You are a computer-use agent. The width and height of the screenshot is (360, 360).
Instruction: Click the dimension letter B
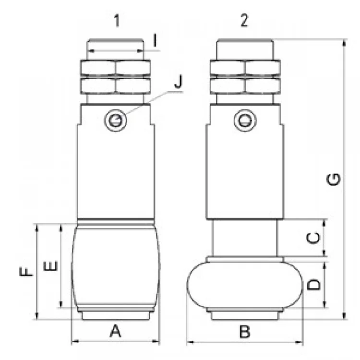click(244, 331)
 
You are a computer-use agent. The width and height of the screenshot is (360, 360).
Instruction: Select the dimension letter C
click(312, 237)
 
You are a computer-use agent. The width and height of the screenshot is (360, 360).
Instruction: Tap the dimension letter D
click(313, 285)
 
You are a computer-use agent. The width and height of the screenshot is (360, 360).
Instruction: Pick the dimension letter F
click(27, 272)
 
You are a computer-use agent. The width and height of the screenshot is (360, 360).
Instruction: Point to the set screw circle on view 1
click(115, 121)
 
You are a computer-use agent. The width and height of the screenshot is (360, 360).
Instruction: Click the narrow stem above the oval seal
click(245, 238)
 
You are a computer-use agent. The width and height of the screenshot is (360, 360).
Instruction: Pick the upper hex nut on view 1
click(115, 68)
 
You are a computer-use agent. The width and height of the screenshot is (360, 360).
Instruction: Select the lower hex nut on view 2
click(245, 85)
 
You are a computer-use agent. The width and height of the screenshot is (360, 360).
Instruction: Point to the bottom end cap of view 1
click(115, 315)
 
